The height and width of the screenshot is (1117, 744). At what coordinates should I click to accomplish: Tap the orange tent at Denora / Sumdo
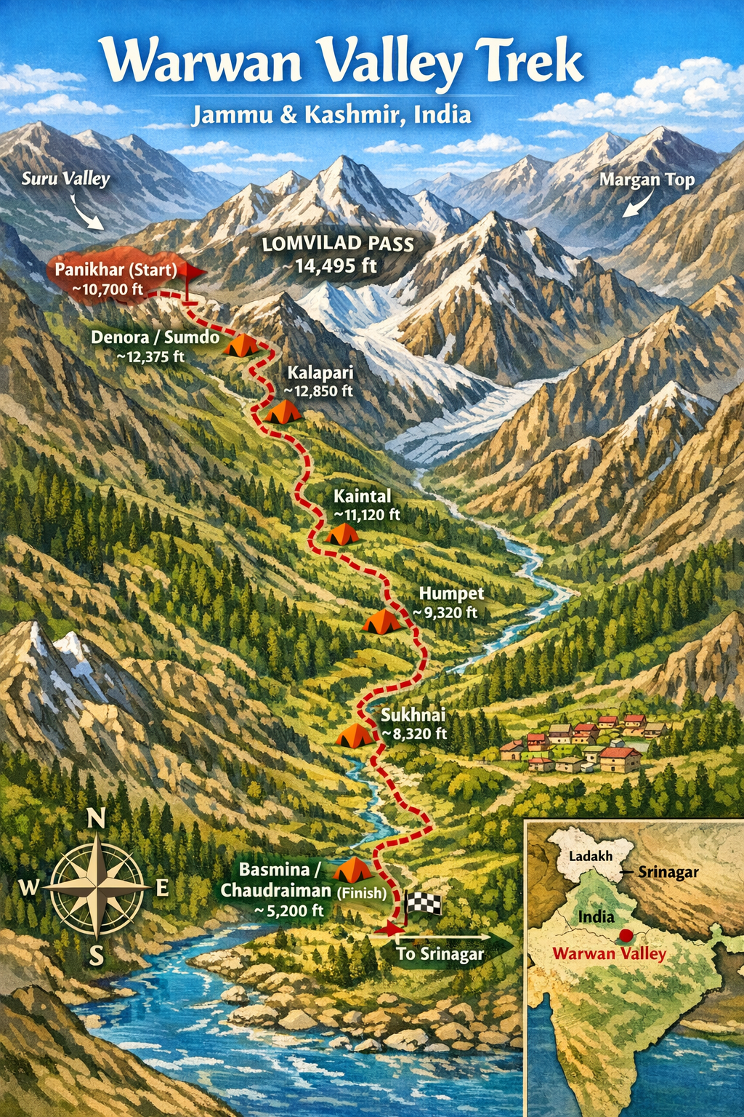tap(240, 345)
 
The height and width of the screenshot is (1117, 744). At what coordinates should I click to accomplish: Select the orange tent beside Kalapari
tap(282, 412)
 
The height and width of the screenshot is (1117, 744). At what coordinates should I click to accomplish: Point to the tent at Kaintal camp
tap(341, 535)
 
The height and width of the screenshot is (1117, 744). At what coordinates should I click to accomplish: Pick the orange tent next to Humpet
tap(381, 622)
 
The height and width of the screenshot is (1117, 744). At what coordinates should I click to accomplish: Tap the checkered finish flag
tap(422, 903)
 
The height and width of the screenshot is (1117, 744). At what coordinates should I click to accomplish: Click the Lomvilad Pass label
tap(338, 244)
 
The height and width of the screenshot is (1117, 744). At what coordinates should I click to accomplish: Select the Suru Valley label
tap(65, 179)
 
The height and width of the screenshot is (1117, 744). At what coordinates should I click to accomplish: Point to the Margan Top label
tap(647, 180)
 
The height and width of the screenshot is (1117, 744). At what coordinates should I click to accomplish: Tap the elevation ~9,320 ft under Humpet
tap(445, 613)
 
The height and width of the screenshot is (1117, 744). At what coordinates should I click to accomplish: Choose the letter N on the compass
tap(96, 819)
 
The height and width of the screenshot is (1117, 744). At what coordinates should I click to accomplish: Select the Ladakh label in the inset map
tap(591, 856)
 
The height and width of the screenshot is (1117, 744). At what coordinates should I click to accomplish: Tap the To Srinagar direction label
tap(440, 954)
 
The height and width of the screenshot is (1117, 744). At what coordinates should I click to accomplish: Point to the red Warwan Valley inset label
tap(610, 953)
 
